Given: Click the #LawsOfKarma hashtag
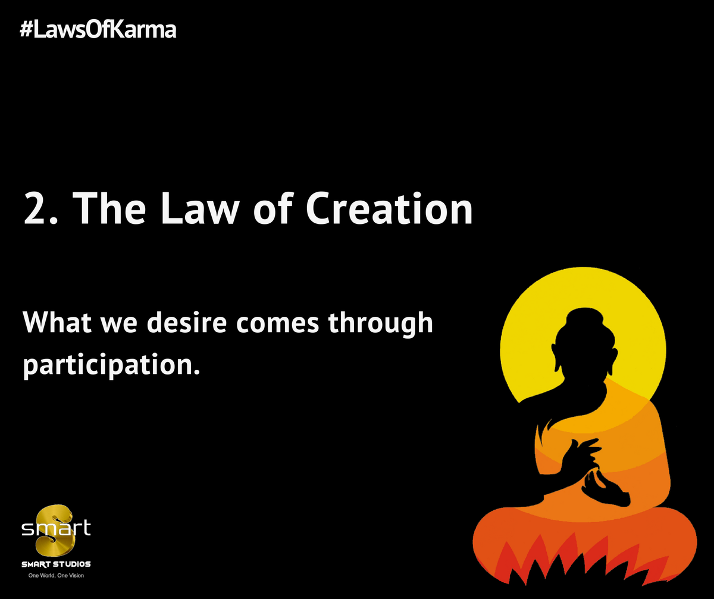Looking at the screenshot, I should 98,30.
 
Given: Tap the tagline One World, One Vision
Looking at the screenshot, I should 56,576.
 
